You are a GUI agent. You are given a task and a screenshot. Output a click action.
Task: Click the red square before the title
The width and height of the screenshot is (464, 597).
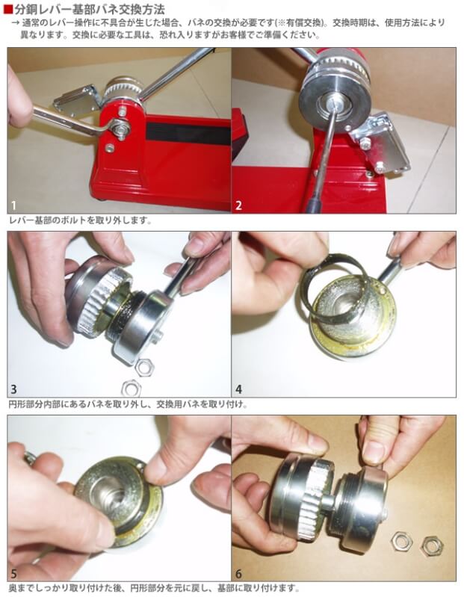click(x=8, y=8)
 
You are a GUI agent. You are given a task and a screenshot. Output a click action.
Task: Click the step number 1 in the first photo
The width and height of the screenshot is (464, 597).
click(x=13, y=206)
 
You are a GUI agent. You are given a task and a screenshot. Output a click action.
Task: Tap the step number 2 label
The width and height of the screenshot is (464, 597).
click(x=238, y=206)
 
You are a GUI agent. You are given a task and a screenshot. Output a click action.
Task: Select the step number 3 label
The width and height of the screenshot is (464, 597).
click(x=14, y=389)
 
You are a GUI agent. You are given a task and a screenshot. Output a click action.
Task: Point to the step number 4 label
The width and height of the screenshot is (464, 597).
click(x=239, y=389)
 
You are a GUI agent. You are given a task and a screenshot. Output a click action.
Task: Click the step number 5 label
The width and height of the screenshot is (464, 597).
click(x=14, y=573)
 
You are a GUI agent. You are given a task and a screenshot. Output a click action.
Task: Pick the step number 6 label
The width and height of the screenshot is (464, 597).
click(x=239, y=573)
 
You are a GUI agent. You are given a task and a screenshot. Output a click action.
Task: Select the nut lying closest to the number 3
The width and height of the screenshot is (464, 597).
click(x=132, y=389)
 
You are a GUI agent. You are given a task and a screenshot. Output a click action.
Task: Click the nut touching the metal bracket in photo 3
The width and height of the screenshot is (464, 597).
click(x=145, y=368)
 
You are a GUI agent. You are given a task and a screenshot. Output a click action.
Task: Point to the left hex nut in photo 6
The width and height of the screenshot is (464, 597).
click(x=401, y=541)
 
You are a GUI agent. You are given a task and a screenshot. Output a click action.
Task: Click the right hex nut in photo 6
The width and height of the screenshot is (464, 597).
click(x=432, y=545)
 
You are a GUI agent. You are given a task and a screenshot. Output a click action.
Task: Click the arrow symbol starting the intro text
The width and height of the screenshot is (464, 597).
click(x=15, y=23)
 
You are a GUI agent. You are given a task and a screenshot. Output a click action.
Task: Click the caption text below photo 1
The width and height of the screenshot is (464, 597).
click(x=80, y=220)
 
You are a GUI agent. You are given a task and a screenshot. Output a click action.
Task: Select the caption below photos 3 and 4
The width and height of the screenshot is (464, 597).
click(x=128, y=404)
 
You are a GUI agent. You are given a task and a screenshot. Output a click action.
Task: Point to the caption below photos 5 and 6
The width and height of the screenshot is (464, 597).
click(x=154, y=587)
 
